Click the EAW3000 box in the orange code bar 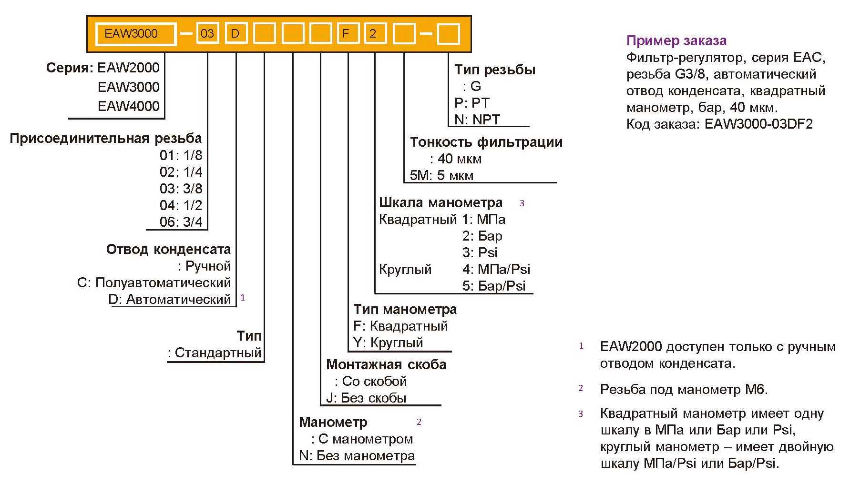tap(136, 34)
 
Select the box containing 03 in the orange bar tap(207, 34)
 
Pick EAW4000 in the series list tap(129, 106)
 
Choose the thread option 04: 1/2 tap(181, 205)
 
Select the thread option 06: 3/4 tap(181, 222)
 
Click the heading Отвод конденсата tap(168, 249)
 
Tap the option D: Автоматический tap(170, 299)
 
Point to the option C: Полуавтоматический tap(154, 282)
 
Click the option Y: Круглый tap(388, 343)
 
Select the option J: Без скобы tap(366, 398)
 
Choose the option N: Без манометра tap(357, 455)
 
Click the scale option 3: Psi tap(480, 252)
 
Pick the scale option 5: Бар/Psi tap(494, 286)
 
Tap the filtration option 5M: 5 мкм tap(442, 175)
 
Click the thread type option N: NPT tap(477, 119)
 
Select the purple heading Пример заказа tap(676, 40)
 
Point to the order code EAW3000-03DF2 tap(758, 124)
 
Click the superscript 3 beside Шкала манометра tap(522, 203)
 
